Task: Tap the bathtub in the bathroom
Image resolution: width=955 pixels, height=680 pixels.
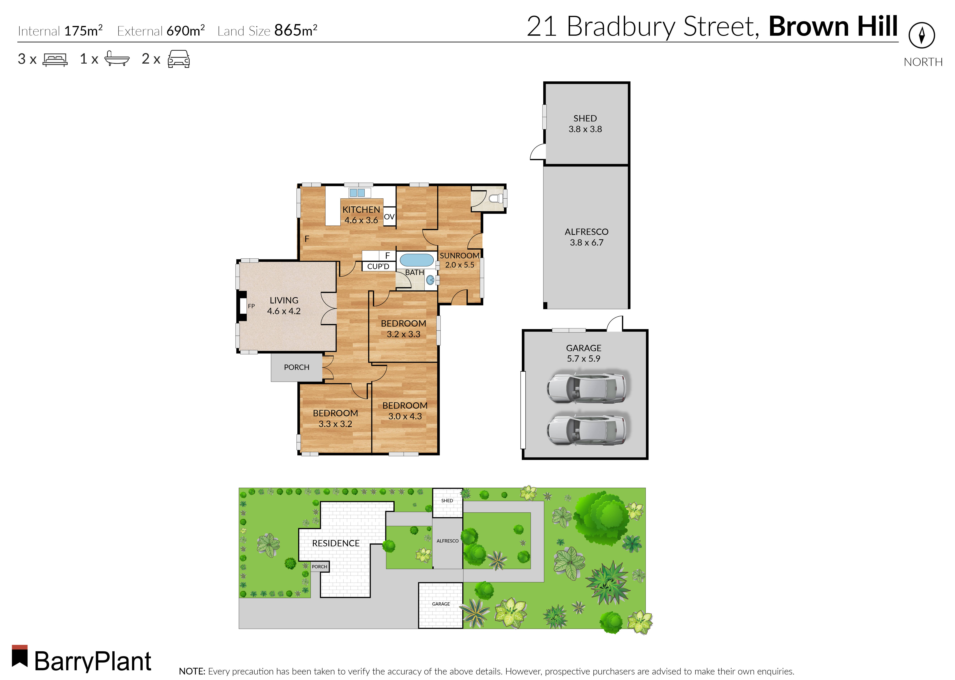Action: tap(416, 260)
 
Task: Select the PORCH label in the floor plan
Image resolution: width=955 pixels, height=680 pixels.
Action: tap(297, 367)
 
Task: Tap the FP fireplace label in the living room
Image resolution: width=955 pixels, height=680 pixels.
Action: tap(251, 306)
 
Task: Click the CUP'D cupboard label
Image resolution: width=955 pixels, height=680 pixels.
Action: tap(378, 266)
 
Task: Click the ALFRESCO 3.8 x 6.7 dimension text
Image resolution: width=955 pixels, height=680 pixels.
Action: tap(586, 243)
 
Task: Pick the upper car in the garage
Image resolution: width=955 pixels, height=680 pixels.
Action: tap(586, 387)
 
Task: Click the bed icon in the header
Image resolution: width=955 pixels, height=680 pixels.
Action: tap(55, 59)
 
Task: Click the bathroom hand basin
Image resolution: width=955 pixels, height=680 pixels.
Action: tap(430, 280)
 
